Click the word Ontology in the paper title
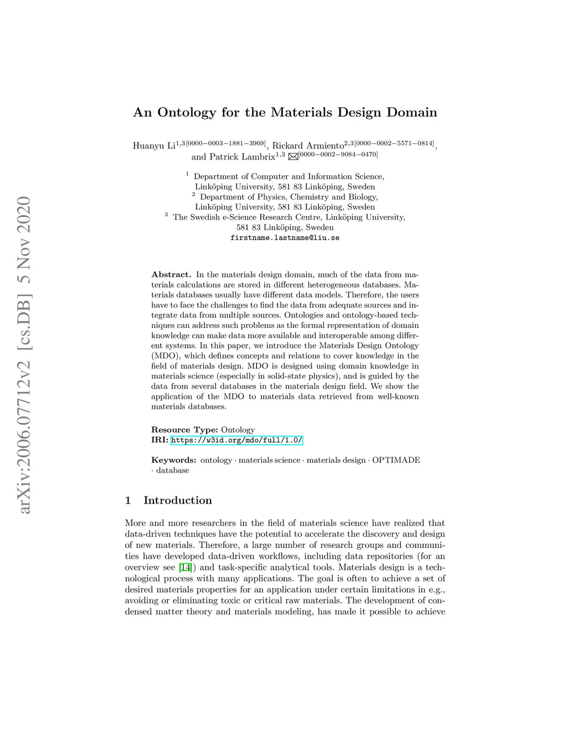click(187, 112)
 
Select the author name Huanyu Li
click(154, 146)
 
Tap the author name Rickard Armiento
click(307, 146)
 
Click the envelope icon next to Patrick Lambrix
click(293, 157)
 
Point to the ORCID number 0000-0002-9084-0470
click(338, 155)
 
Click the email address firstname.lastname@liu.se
click(285, 238)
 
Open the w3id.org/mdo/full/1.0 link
click(236, 440)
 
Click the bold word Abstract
click(171, 275)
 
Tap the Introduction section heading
click(177, 500)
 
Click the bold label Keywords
click(174, 460)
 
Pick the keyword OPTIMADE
click(396, 460)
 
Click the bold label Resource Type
click(184, 430)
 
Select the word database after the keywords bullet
click(172, 470)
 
